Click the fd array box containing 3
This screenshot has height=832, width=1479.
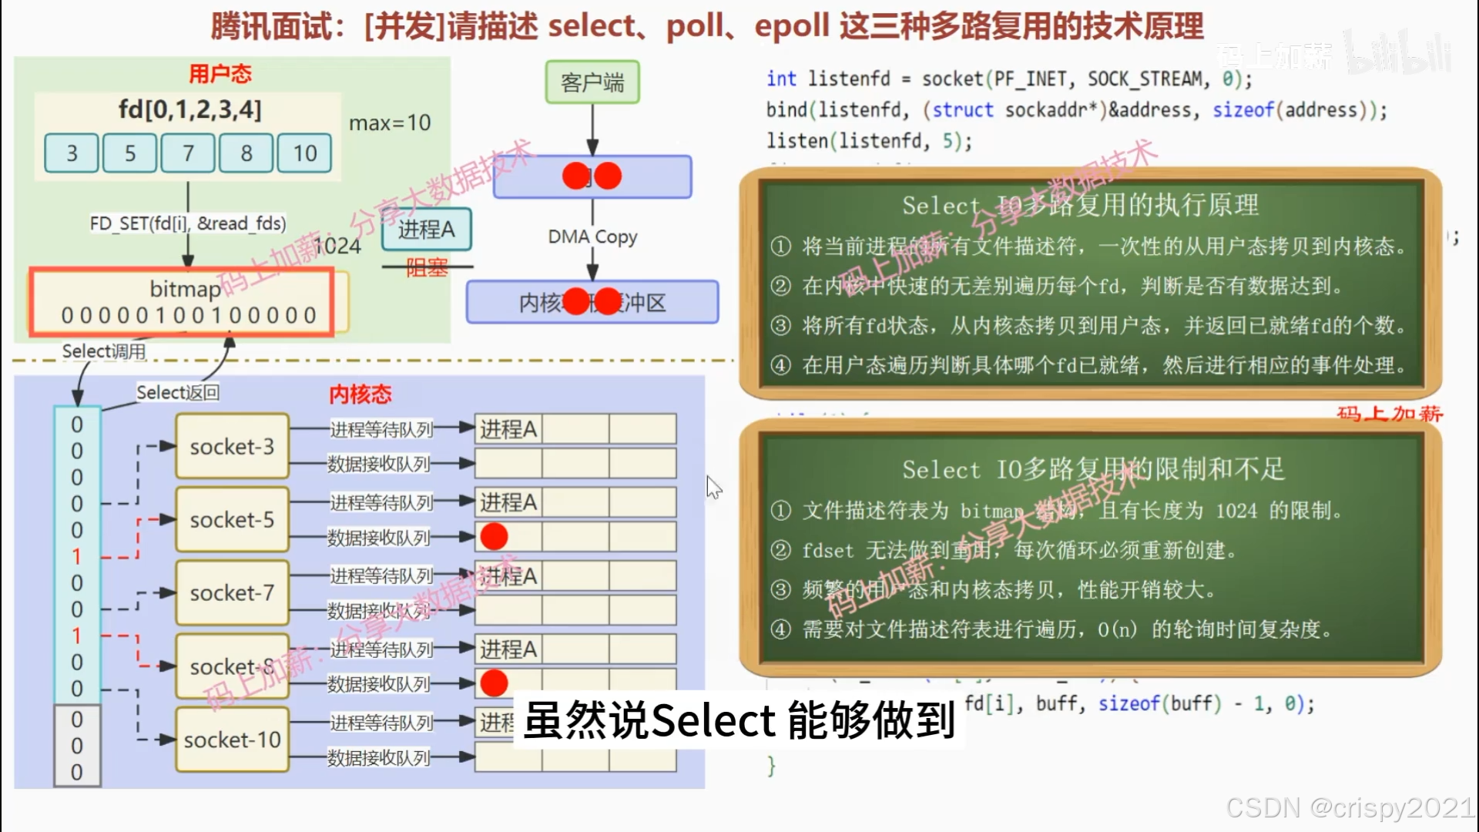point(72,153)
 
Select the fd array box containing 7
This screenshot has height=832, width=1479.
point(188,153)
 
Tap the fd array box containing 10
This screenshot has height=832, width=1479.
point(304,153)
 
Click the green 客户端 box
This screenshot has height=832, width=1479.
point(592,82)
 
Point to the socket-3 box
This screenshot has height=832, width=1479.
point(232,447)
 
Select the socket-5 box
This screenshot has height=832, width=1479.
point(232,520)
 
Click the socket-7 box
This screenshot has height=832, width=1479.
point(232,593)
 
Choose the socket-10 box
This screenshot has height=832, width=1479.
point(232,740)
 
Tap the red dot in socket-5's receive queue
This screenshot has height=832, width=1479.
point(494,536)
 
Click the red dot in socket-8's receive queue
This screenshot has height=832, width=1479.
point(494,683)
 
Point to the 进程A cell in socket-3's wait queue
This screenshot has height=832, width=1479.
point(508,429)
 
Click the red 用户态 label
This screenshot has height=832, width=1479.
point(220,74)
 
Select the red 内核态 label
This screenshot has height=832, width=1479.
point(361,394)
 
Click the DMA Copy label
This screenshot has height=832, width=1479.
point(592,237)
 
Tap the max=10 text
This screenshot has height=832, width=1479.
point(390,122)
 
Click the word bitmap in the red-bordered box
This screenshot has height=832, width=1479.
point(185,289)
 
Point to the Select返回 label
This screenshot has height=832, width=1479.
point(178,393)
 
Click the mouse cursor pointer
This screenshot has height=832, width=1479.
point(713,486)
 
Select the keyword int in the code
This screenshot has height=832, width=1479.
point(781,79)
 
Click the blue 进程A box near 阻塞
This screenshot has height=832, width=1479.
point(427,230)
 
